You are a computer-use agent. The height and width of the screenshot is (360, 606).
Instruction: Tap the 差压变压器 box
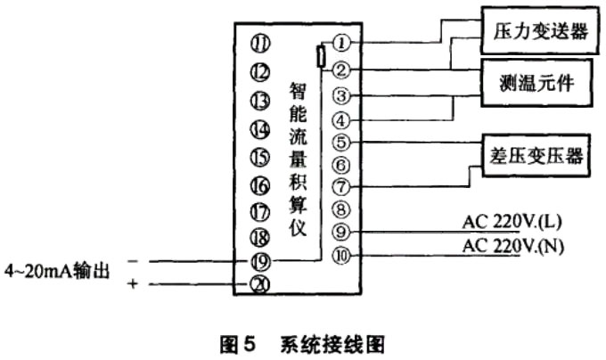pos(536,157)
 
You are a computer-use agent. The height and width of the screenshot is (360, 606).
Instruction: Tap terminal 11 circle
pos(260,43)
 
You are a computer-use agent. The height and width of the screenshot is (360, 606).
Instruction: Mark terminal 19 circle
pos(260,261)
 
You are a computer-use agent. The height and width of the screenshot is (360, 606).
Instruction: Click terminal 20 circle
pos(260,284)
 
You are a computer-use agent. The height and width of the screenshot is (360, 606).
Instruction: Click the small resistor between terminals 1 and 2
pos(321,57)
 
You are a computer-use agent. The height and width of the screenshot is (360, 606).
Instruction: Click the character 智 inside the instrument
pos(299,92)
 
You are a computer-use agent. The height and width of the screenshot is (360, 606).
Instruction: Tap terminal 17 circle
pos(260,212)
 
